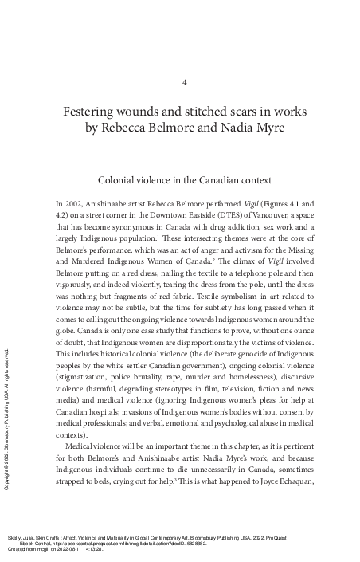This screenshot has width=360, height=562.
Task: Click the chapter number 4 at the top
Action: [185, 82]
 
